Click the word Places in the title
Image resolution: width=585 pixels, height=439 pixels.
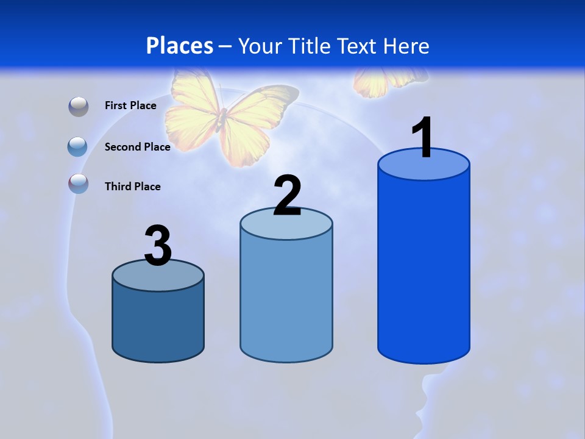pyautogui.click(x=179, y=46)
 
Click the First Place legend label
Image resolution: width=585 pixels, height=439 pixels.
pyautogui.click(x=130, y=105)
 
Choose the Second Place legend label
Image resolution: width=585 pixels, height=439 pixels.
pyautogui.click(x=137, y=146)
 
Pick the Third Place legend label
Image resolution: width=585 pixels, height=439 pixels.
pyautogui.click(x=132, y=187)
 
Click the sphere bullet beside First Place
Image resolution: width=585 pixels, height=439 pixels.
pyautogui.click(x=79, y=107)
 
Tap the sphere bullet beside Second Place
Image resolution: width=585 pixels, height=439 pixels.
pyautogui.click(x=78, y=147)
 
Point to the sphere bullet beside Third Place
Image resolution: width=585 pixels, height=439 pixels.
pyautogui.click(x=79, y=184)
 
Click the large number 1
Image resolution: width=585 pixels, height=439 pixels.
pyautogui.click(x=422, y=138)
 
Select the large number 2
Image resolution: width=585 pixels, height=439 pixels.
pyautogui.click(x=287, y=196)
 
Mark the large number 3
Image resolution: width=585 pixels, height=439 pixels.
pyautogui.click(x=158, y=246)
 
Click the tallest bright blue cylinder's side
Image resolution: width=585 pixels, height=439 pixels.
pyautogui.click(x=424, y=268)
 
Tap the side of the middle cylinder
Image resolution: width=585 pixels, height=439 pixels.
pyautogui.click(x=286, y=299)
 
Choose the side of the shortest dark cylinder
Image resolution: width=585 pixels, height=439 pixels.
pyautogui.click(x=158, y=323)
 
